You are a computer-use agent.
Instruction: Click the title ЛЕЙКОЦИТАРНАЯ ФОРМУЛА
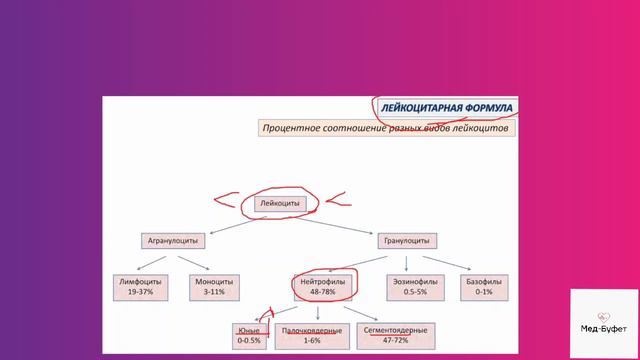(447, 107)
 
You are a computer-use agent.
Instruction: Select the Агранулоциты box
(173, 241)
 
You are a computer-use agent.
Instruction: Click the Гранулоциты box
(405, 241)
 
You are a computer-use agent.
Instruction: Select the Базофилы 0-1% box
(479, 288)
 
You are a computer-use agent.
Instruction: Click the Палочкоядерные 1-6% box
(311, 335)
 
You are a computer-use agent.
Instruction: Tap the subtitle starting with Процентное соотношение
(385, 129)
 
